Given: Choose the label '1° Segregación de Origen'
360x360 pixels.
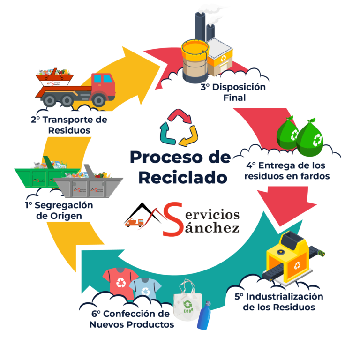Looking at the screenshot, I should click(60, 210).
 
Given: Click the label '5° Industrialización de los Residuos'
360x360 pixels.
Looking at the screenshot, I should click(278, 302).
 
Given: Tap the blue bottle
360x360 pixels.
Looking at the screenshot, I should click(204, 316).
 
